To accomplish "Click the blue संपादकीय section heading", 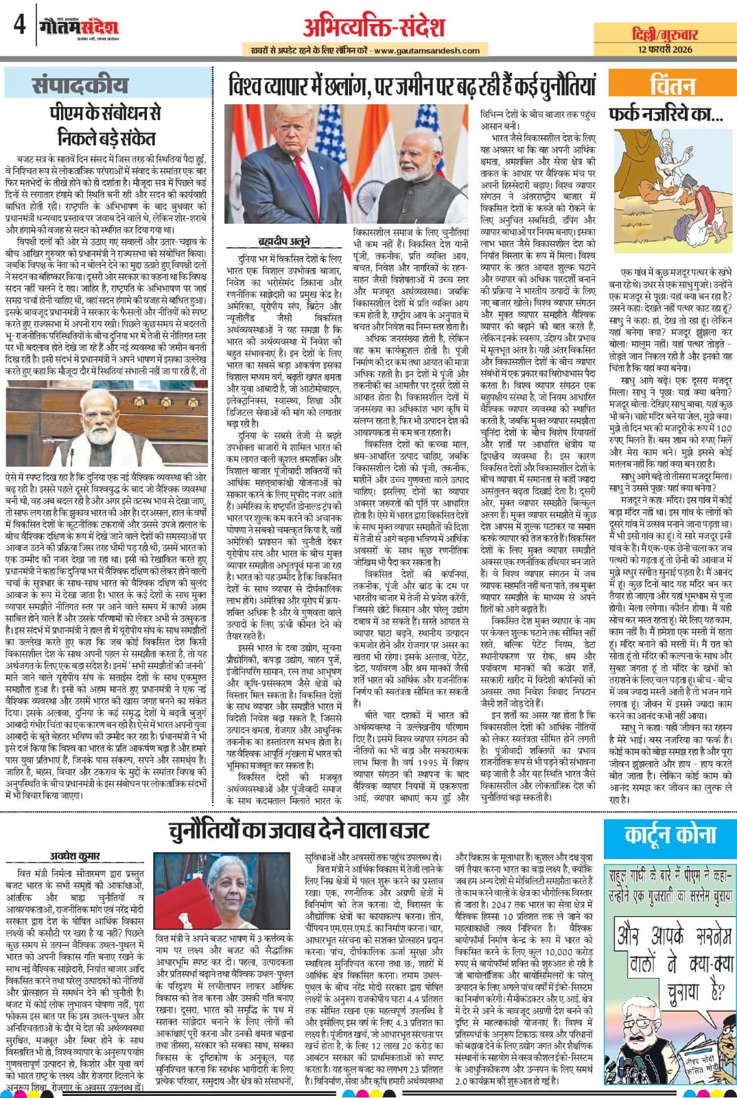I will coord(80,85).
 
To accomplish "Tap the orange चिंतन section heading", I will coord(672,85).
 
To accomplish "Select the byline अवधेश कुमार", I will coord(75,856).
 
